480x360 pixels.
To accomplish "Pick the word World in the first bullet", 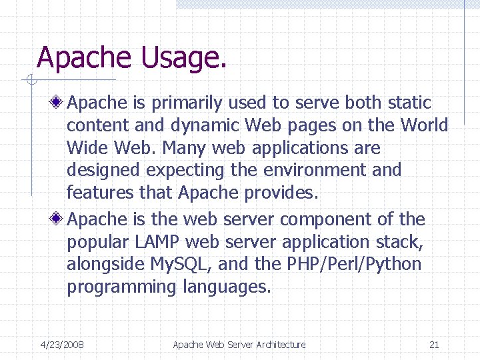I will pos(424,125).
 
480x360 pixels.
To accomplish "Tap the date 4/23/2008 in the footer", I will pos(62,345).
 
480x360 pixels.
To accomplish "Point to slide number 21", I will pos(434,345).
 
